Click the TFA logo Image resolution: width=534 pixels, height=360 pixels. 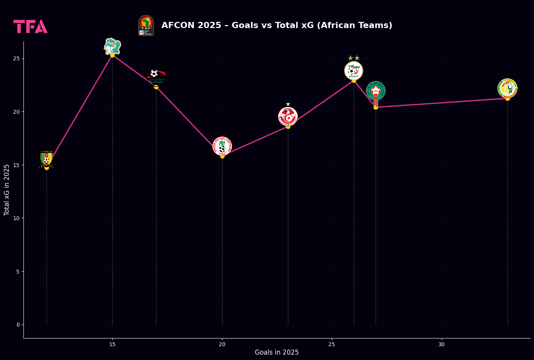click(x=30, y=27)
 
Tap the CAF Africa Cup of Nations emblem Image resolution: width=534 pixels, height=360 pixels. click(x=146, y=25)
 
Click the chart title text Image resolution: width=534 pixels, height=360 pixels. click(x=277, y=25)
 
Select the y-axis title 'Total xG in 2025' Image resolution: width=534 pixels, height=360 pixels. click(x=7, y=190)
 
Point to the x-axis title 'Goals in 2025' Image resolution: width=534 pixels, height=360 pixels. click(x=276, y=352)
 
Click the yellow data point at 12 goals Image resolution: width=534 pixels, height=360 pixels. click(x=47, y=168)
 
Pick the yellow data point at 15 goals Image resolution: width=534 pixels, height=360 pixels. click(x=112, y=55)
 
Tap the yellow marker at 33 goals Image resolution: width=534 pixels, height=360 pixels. click(x=507, y=98)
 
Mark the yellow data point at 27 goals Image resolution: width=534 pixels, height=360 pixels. click(x=376, y=107)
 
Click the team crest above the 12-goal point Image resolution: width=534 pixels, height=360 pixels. click(x=47, y=158)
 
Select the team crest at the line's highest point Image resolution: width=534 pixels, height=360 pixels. click(x=112, y=46)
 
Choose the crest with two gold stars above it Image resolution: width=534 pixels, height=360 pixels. click(x=354, y=70)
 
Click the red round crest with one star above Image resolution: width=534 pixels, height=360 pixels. click(x=288, y=116)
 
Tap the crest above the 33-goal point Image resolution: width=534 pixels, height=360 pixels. click(x=507, y=88)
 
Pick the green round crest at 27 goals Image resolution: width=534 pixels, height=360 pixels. click(x=376, y=91)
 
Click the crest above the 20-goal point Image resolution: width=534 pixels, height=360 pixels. click(x=222, y=146)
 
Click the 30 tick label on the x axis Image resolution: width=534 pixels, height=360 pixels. click(x=441, y=345)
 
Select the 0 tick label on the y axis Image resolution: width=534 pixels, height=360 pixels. click(x=18, y=325)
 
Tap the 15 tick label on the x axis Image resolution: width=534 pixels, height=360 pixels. click(x=112, y=345)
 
